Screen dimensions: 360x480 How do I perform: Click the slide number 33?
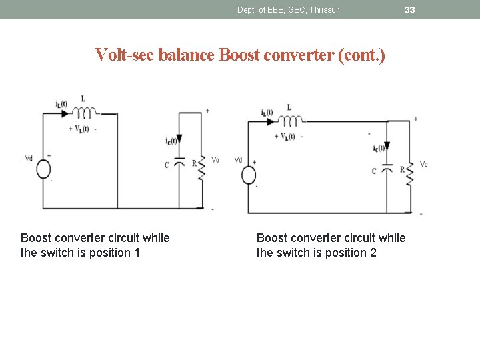tap(410, 10)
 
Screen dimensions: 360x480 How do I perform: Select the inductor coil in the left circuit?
tap(85, 111)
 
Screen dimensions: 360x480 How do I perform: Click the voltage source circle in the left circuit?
tap(43, 169)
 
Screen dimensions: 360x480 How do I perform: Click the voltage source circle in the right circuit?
tap(248, 175)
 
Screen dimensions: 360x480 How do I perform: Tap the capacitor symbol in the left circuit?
tap(179, 161)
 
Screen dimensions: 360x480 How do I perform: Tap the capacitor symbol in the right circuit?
tap(387, 166)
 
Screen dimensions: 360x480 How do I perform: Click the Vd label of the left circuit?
tap(29, 158)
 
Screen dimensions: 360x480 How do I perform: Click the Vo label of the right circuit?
tap(423, 164)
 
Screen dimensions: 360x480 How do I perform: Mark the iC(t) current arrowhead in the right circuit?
tap(387, 147)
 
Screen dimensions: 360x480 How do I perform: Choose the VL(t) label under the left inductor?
tap(82, 128)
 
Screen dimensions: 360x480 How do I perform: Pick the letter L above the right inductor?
tap(289, 107)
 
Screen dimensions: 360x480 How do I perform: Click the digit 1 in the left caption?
tap(137, 253)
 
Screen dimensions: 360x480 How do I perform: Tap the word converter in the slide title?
tap(292, 55)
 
